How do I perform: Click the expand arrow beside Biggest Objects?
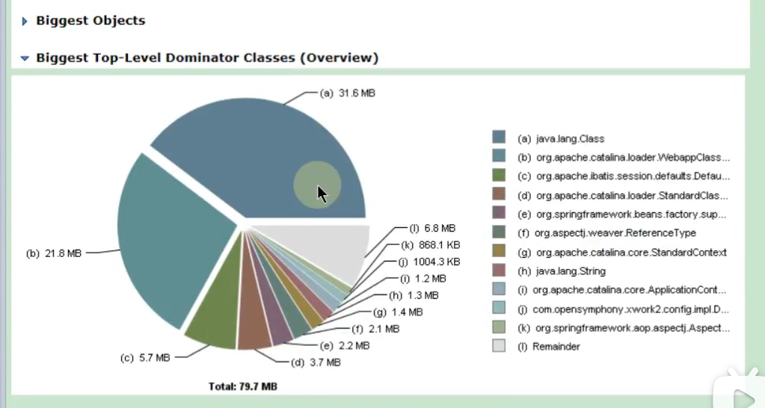click(25, 22)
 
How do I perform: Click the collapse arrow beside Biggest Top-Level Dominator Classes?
click(25, 58)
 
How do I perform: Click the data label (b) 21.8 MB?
click(53, 253)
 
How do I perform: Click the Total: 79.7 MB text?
click(243, 386)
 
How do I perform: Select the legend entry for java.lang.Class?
click(561, 138)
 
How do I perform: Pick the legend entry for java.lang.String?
click(562, 271)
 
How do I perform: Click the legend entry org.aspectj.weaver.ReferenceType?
click(606, 233)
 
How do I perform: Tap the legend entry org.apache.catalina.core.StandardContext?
click(621, 253)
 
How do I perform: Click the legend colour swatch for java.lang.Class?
click(499, 137)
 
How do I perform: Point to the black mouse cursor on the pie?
click(322, 193)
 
